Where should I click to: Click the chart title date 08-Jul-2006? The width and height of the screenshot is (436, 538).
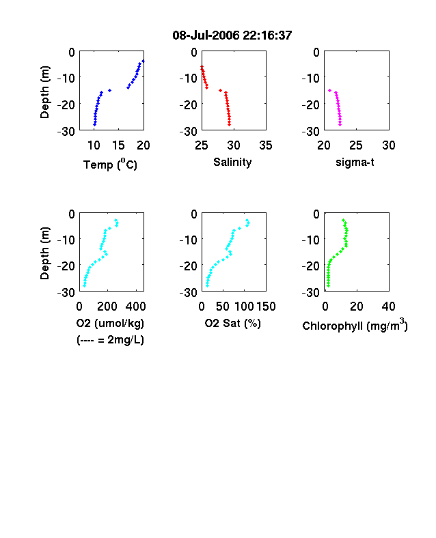click(x=206, y=36)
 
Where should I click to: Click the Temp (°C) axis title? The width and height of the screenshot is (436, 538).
click(x=110, y=165)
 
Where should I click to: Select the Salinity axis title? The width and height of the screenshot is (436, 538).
click(x=232, y=162)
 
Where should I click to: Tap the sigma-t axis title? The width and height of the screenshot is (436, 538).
click(x=355, y=162)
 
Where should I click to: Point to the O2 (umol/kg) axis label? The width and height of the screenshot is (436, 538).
click(x=110, y=323)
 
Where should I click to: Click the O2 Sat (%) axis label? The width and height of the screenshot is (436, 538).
click(x=233, y=323)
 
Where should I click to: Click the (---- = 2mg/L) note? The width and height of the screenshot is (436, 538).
click(x=110, y=340)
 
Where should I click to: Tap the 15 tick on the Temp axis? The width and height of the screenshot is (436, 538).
click(x=118, y=145)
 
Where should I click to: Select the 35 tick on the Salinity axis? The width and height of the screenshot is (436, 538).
click(x=266, y=145)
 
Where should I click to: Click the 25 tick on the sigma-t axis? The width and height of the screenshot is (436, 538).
click(x=356, y=145)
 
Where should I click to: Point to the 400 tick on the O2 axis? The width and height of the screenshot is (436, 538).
click(x=135, y=307)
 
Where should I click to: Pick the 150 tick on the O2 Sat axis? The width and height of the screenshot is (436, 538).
click(x=266, y=307)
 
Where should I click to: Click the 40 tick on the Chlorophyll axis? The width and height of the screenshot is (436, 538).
click(x=388, y=307)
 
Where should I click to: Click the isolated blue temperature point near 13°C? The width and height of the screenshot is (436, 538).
click(x=109, y=91)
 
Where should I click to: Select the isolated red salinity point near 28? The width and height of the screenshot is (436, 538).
click(x=221, y=91)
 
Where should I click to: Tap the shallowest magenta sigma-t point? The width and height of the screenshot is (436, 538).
click(x=329, y=91)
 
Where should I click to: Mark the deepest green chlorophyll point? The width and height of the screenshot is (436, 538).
click(x=328, y=285)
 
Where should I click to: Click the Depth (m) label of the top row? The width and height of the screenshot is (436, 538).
click(x=45, y=92)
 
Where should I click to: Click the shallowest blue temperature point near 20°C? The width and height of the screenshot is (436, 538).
click(x=143, y=61)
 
